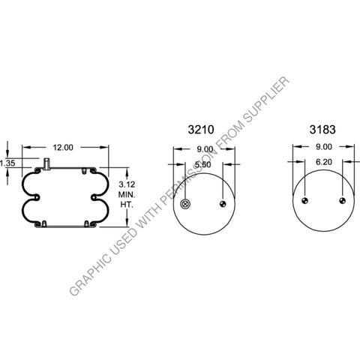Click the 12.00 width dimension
point(64,148)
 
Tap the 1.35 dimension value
point(7,163)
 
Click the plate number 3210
point(200,130)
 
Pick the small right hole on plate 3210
point(223,204)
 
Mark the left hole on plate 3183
point(304,201)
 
